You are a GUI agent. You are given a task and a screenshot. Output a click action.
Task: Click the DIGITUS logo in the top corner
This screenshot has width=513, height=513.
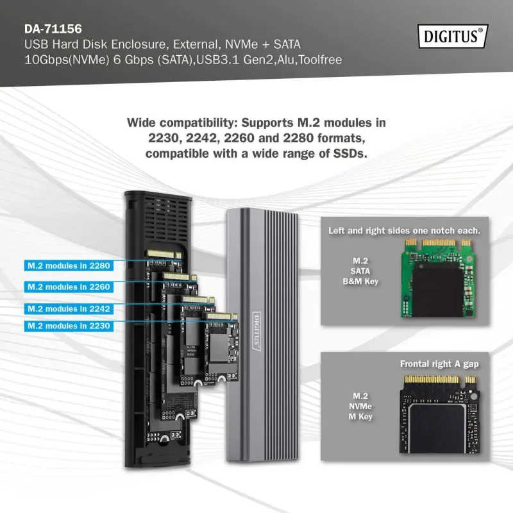click(452, 36)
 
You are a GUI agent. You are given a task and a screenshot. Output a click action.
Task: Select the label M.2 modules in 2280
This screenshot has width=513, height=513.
click(69, 265)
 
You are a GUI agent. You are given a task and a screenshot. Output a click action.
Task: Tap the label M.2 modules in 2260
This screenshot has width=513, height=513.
click(69, 287)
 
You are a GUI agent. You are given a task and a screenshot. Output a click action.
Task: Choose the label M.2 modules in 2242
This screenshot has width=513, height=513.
click(69, 308)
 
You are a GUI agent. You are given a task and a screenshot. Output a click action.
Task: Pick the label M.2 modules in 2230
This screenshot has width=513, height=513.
click(69, 326)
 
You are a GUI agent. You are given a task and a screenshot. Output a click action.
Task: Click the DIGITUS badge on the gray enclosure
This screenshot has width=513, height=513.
click(256, 330)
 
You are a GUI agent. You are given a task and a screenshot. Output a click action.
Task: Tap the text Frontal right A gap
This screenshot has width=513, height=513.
click(439, 364)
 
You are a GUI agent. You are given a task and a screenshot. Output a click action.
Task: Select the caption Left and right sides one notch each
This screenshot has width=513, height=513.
click(404, 230)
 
